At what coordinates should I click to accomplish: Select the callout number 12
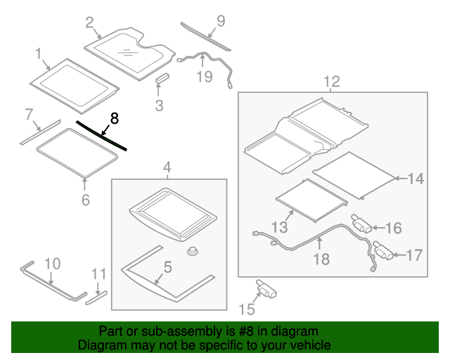click(331, 81)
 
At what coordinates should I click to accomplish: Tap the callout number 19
click(204, 76)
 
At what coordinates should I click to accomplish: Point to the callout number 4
click(167, 167)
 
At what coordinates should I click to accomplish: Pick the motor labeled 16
click(361, 226)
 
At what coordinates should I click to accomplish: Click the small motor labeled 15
click(265, 288)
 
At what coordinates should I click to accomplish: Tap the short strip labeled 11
click(96, 295)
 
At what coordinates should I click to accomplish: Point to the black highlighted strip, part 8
click(102, 135)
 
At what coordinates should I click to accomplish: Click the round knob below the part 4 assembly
click(190, 250)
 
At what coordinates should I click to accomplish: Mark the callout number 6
click(85, 200)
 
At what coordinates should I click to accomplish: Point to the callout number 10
click(53, 264)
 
